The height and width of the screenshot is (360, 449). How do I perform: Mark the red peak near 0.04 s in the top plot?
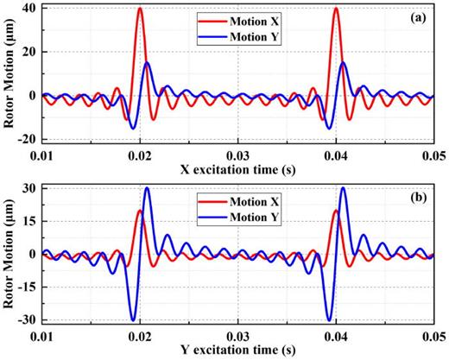[335, 9]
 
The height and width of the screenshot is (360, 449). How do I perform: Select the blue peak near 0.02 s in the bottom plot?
[147, 188]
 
